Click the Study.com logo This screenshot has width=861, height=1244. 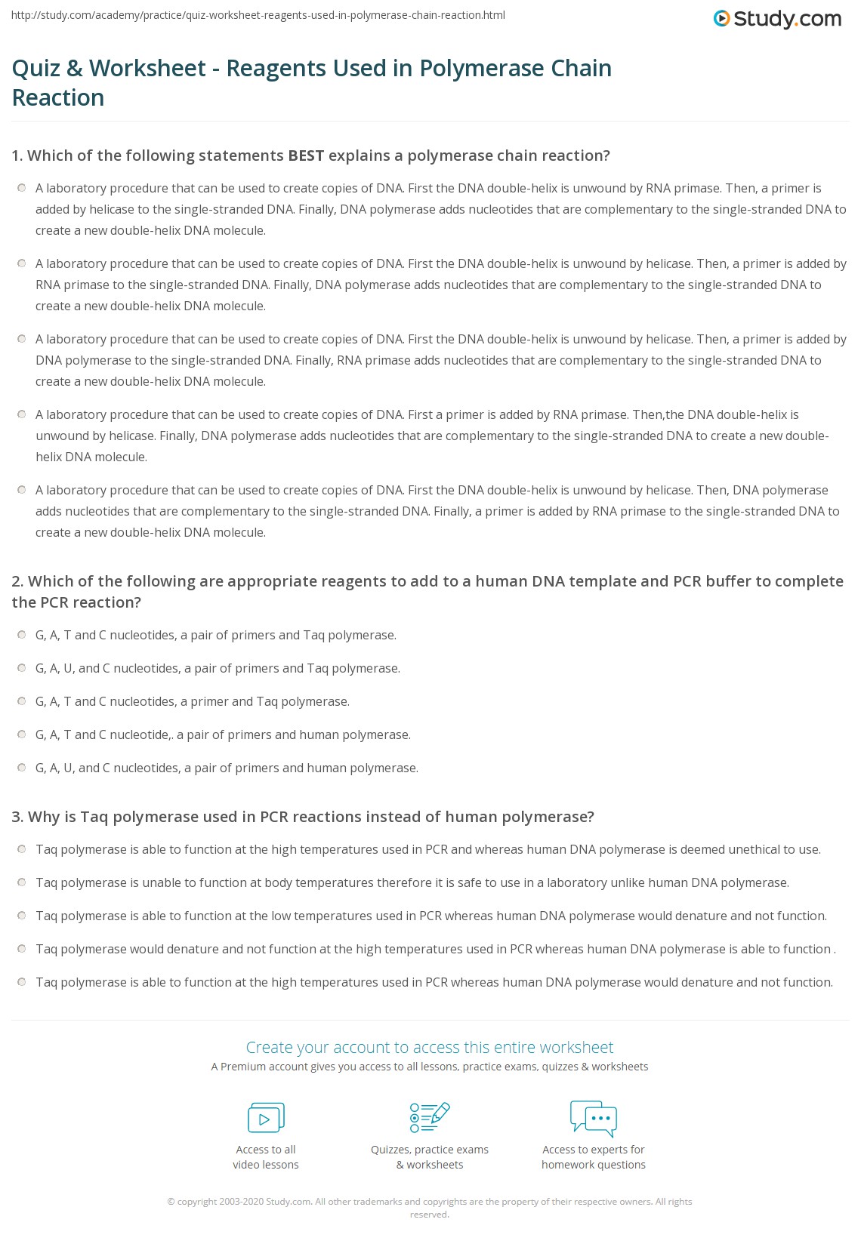tap(777, 19)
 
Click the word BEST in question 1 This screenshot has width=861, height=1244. tap(306, 155)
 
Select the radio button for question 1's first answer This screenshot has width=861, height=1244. tap(21, 188)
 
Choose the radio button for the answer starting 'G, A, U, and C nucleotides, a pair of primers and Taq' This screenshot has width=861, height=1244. tap(21, 668)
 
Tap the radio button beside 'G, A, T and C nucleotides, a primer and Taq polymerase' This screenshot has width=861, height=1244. tap(21, 701)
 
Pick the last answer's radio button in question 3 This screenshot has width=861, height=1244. tap(21, 982)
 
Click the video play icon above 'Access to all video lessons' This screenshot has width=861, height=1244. tap(266, 1118)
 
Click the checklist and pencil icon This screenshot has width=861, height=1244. tap(430, 1117)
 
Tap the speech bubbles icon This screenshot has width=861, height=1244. tap(594, 1118)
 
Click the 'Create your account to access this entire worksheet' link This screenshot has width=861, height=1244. tap(430, 1047)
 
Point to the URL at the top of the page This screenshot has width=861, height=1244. tap(258, 15)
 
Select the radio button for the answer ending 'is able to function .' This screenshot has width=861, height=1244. tap(21, 949)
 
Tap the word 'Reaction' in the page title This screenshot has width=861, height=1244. tap(58, 97)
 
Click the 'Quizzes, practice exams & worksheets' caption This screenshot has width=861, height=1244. tap(430, 1157)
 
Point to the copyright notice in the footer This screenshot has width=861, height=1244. tap(430, 1208)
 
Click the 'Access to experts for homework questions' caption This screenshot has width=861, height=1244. tap(594, 1157)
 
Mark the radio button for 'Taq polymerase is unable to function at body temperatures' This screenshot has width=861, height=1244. tap(21, 882)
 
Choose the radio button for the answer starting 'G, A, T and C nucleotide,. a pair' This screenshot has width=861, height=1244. tap(21, 734)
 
